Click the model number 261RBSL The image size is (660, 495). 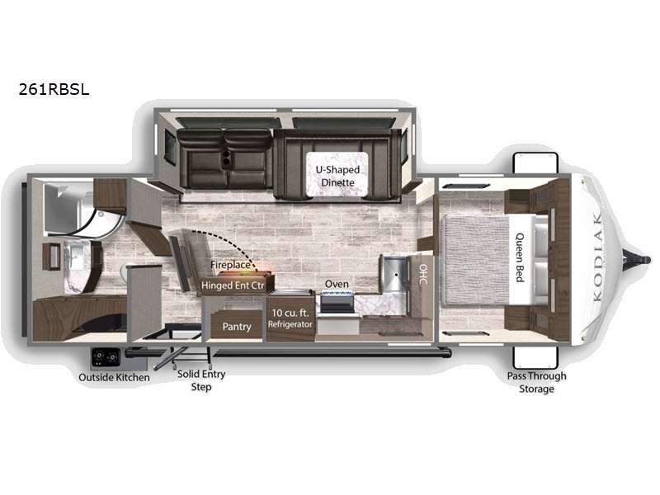click(54, 89)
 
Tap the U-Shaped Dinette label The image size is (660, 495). click(337, 176)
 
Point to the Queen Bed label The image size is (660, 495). click(521, 257)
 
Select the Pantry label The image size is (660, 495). click(237, 327)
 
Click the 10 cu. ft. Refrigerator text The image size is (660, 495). click(290, 318)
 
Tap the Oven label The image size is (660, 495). click(337, 284)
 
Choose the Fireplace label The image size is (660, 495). click(230, 265)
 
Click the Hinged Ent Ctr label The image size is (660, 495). click(233, 285)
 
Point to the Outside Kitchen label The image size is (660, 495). click(114, 378)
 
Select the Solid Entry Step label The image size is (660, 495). click(201, 380)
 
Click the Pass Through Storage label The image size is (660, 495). click(537, 382)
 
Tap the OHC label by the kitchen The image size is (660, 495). click(423, 274)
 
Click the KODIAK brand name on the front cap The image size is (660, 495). click(596, 257)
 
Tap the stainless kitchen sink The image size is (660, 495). click(394, 275)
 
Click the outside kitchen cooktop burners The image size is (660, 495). click(106, 358)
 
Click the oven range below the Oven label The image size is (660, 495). click(337, 303)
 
